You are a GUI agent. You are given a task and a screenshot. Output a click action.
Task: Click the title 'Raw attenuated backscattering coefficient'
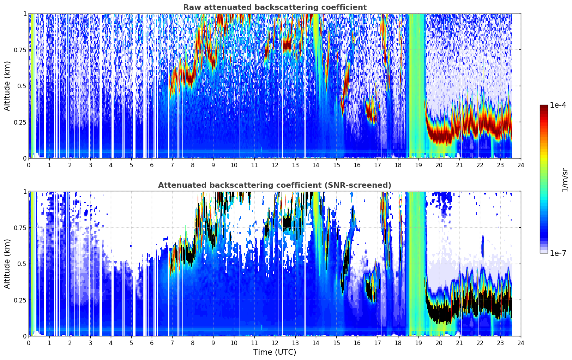[x=275, y=7]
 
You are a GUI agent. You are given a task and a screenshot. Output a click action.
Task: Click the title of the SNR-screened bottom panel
[x=275, y=185]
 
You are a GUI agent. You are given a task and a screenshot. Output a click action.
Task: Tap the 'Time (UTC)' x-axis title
[x=275, y=352]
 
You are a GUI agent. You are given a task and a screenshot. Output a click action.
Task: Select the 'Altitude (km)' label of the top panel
[x=7, y=86]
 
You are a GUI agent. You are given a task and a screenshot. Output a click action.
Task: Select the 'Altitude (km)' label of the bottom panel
[x=7, y=264]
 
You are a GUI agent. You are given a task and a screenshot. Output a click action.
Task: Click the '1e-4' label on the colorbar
[x=558, y=105]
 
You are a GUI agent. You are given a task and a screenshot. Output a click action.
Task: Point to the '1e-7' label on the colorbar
[x=558, y=253]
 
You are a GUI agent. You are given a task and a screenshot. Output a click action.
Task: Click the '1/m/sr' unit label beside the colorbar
[x=565, y=180]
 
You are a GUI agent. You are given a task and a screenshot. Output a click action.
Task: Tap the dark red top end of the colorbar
[x=544, y=106]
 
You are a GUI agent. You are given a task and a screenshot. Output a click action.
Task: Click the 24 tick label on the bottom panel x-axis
[x=521, y=343]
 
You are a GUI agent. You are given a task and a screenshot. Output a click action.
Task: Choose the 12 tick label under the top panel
[x=275, y=165]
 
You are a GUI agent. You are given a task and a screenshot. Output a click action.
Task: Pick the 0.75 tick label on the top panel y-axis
[x=20, y=50]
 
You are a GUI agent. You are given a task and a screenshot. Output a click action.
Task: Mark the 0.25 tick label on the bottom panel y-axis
[x=20, y=300]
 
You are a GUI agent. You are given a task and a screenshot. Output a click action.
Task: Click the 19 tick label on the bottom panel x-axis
[x=418, y=343]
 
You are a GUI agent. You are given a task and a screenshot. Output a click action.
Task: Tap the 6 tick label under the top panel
[x=152, y=165]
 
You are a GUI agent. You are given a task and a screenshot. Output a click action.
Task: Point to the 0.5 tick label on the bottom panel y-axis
[x=22, y=264]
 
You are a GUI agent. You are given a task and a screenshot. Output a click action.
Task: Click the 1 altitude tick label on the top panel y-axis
[x=25, y=14]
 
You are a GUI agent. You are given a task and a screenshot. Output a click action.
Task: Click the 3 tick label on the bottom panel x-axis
[x=90, y=343]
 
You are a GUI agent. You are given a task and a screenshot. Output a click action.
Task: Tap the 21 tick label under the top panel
[x=459, y=165]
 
